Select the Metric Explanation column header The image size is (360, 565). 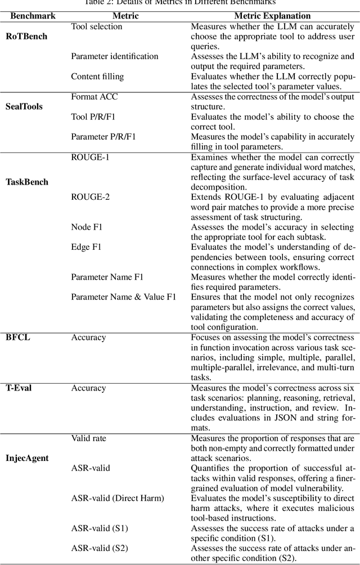[x=272, y=16]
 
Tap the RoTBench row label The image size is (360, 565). [x=27, y=37]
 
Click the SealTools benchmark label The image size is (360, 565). [x=24, y=106]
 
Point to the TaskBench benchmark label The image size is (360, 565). [x=27, y=182]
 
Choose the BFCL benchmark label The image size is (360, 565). [x=19, y=337]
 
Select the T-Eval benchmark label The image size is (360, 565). [x=19, y=388]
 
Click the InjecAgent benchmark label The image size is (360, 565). [x=28, y=458]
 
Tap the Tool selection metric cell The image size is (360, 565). [x=96, y=26]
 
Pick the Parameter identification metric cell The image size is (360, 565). [x=114, y=56]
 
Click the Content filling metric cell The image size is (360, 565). [x=97, y=76]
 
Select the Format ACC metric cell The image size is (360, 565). [x=94, y=97]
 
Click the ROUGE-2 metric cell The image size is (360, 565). [x=90, y=197]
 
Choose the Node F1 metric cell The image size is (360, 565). [x=87, y=227]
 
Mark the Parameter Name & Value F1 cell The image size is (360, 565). [x=123, y=297]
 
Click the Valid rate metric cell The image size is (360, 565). [x=88, y=438]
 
